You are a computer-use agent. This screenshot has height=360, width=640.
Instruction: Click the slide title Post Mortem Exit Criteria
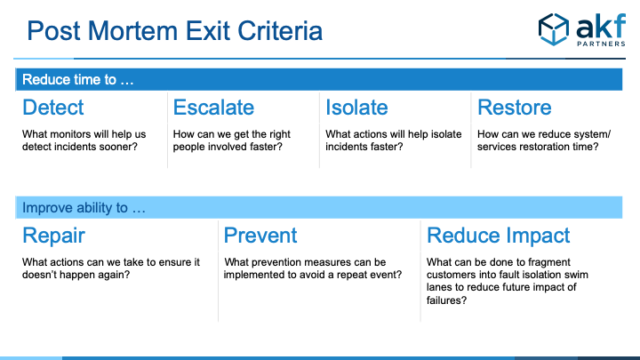175,31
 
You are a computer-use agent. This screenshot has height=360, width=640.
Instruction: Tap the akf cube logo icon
554,29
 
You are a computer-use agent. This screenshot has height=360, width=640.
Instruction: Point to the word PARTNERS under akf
601,44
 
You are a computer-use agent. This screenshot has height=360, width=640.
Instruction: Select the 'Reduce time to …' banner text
78,80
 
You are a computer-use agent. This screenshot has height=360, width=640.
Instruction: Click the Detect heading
53,108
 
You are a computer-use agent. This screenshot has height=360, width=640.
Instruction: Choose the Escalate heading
213,108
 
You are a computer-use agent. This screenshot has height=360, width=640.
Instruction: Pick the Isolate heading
356,108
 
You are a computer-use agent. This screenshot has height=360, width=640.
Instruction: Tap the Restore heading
515,108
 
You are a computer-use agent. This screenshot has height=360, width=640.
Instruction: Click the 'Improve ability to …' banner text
84,208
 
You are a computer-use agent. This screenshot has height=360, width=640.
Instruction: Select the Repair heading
53,236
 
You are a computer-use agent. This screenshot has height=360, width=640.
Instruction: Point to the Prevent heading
260,236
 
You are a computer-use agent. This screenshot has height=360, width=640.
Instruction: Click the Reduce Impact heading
498,236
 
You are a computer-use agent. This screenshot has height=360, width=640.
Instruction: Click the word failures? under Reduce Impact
446,300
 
